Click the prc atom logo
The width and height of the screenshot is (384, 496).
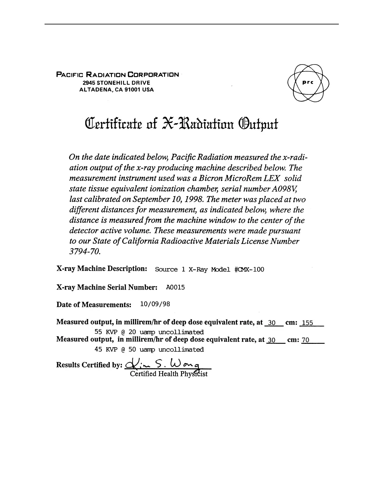(308, 83)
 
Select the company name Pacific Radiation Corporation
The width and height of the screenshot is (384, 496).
(118, 75)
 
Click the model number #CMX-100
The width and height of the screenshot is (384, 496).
(249, 270)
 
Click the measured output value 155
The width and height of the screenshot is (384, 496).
(307, 323)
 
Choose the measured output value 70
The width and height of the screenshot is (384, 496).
(305, 340)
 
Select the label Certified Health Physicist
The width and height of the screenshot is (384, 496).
(168, 374)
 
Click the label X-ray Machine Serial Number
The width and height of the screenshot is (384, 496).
(107, 287)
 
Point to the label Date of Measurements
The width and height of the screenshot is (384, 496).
(93, 305)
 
